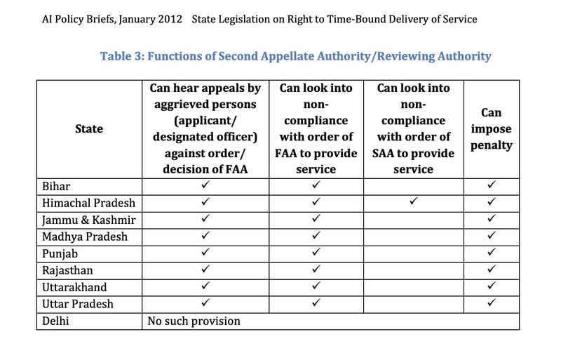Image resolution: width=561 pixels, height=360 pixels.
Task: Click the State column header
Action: coord(88,128)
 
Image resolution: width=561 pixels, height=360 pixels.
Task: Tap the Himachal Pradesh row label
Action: coord(88,203)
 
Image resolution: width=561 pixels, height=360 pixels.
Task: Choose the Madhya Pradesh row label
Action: coord(85,236)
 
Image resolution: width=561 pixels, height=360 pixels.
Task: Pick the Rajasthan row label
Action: coord(67,270)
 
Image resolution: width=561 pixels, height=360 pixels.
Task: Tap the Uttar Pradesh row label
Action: coord(78,304)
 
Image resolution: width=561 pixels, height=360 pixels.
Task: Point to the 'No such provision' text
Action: coord(194,321)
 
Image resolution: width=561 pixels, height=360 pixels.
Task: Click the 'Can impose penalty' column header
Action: coord(491,129)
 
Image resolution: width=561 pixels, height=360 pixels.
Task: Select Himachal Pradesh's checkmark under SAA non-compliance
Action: coord(414,203)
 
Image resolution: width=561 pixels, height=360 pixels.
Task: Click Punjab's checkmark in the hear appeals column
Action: coord(205,253)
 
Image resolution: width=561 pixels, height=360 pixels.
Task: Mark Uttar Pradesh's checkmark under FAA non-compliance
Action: coord(316,304)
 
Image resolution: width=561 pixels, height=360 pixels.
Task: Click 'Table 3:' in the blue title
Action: coord(123,56)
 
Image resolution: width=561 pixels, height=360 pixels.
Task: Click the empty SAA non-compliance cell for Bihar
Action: coord(414,186)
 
